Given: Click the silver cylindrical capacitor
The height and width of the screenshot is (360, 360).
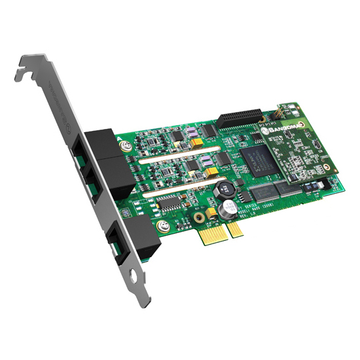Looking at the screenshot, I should pos(229,210).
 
